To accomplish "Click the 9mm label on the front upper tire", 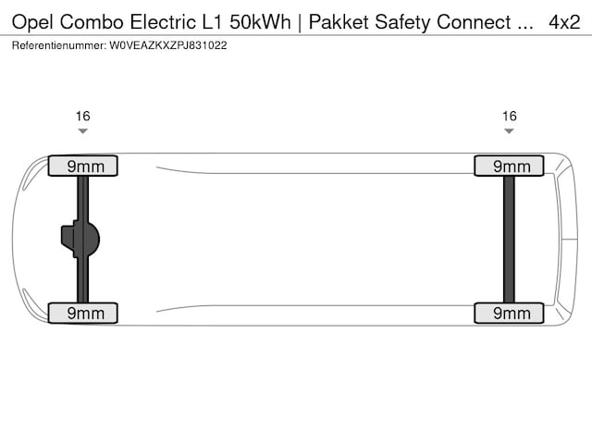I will [x=82, y=166].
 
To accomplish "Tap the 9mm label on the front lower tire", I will [x=82, y=313].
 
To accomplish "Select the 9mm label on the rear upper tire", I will [x=508, y=166].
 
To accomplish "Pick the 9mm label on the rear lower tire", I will [x=508, y=313].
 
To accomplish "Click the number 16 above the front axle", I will [x=82, y=117].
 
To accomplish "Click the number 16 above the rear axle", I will [x=509, y=117].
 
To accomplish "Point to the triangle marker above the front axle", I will [x=82, y=131].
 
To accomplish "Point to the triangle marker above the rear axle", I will [x=509, y=131].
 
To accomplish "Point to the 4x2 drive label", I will [x=563, y=21].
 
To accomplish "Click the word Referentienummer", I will [x=58, y=44].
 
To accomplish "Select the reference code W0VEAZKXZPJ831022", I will [x=167, y=44].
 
